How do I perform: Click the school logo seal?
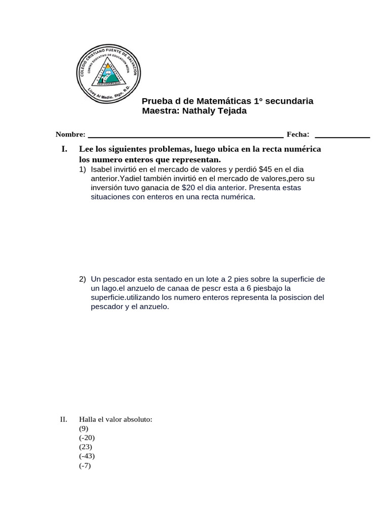point(108,71)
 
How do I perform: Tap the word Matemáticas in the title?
point(224,101)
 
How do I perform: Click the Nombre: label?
point(70,135)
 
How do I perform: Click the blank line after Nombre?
point(185,136)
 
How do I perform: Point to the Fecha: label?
point(298,134)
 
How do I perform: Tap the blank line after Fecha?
point(342,136)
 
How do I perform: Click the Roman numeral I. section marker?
point(64,149)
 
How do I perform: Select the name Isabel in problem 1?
point(103,169)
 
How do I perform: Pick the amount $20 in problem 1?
point(188,188)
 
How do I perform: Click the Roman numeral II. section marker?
point(63,419)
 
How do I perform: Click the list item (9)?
point(84,428)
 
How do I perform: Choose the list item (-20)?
point(87,438)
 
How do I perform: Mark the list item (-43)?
point(87,456)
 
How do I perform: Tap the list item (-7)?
point(85,465)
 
